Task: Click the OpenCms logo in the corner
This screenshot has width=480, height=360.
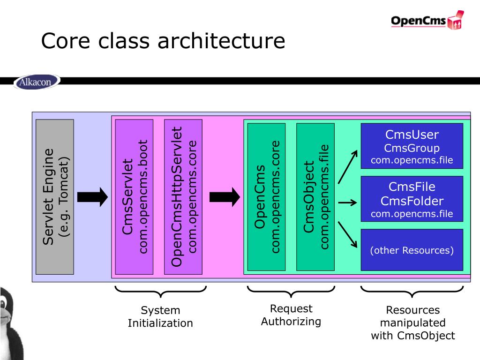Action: tap(427, 20)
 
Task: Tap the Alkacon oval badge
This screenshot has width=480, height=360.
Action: tap(37, 82)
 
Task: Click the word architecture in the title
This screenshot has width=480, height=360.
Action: tap(221, 41)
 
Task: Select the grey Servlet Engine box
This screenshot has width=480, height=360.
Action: tap(55, 197)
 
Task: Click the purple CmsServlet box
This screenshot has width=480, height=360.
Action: tap(134, 197)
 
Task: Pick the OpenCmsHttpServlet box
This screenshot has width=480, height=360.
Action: tap(183, 197)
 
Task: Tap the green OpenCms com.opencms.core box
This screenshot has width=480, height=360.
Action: tap(266, 197)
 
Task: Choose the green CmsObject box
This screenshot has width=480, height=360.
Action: tap(315, 197)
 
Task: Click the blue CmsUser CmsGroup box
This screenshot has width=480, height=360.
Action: tap(412, 146)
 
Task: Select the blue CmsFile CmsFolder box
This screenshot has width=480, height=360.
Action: tap(412, 199)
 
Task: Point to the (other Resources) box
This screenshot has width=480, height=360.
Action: tap(412, 250)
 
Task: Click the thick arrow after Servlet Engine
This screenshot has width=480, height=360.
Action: tap(92, 197)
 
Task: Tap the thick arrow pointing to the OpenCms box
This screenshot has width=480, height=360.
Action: tap(225, 197)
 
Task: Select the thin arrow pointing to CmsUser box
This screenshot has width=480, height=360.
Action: tap(348, 167)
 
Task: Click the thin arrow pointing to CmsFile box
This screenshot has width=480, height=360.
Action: tap(347, 202)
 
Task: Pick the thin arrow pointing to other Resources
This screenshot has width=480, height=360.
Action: tap(347, 234)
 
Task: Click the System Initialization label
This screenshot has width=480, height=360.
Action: tap(160, 316)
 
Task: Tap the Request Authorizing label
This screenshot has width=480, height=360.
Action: tap(291, 315)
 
